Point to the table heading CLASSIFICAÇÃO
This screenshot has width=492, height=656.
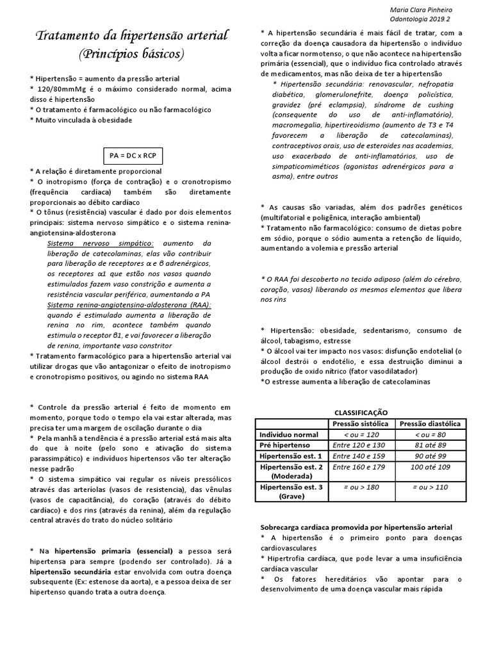tap(361, 413)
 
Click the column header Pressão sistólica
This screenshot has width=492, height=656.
tap(359, 423)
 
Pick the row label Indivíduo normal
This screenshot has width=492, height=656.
tap(288, 434)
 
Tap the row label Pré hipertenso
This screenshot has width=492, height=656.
tap(288, 445)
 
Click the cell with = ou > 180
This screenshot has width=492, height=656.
tap(359, 488)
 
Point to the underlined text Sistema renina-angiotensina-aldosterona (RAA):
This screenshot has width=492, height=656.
tap(129, 305)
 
